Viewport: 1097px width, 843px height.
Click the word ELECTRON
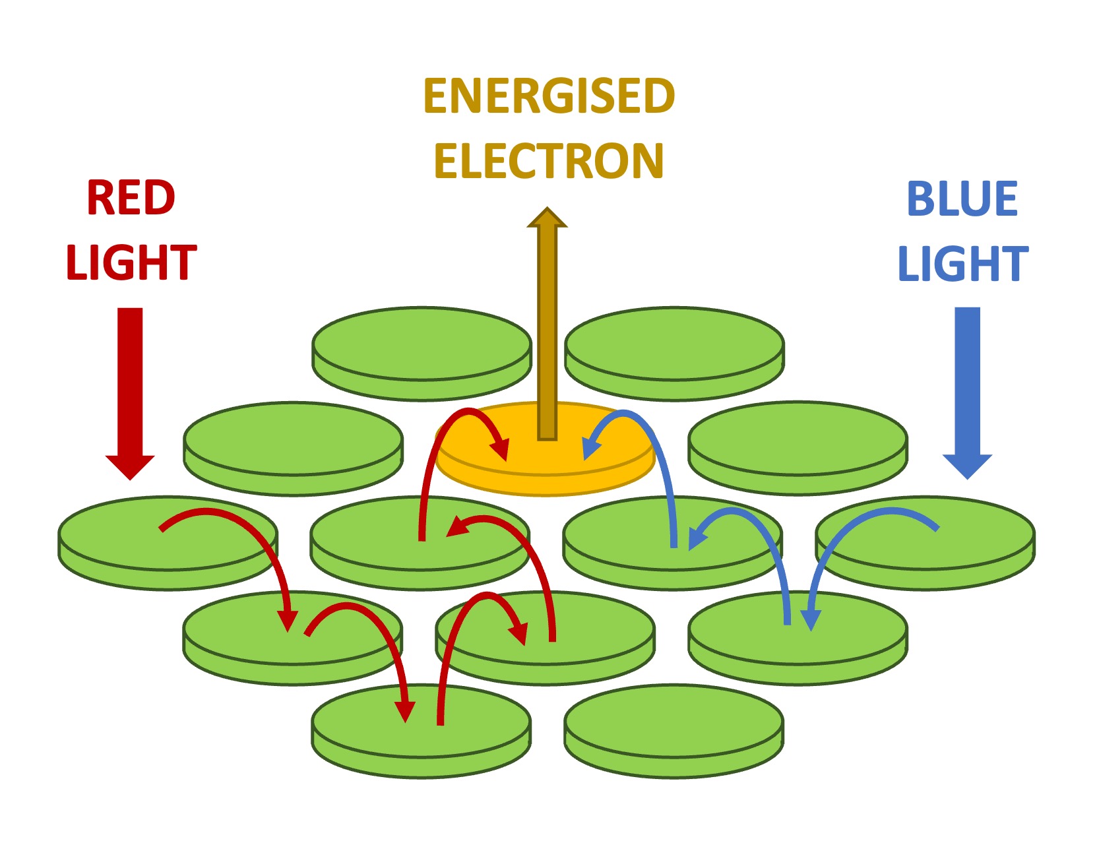coord(549,162)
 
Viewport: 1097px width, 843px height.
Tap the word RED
coord(131,198)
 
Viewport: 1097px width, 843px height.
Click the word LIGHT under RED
coord(131,263)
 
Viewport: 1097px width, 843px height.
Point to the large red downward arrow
coord(130,389)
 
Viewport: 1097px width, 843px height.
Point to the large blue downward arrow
coord(967,389)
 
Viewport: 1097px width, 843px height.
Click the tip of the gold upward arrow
coord(547,212)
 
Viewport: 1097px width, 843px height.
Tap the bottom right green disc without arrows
coord(674,729)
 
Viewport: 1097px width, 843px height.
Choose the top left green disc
coord(422,350)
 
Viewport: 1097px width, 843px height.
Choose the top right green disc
coord(674,350)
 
